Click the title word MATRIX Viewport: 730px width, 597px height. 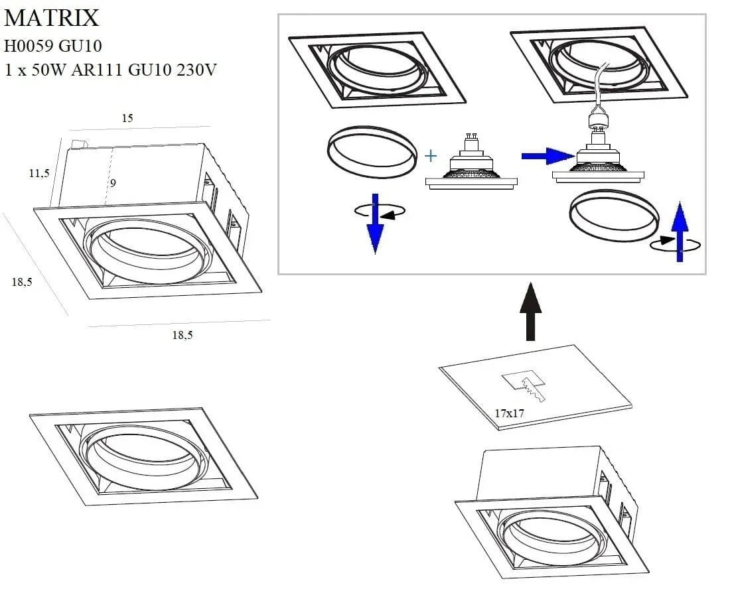pyautogui.click(x=51, y=18)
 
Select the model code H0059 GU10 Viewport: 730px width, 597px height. pyautogui.click(x=53, y=46)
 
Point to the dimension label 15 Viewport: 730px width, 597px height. pyautogui.click(x=127, y=118)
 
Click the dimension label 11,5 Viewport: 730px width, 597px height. pyautogui.click(x=39, y=173)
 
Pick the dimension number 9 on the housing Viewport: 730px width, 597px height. pyautogui.click(x=113, y=183)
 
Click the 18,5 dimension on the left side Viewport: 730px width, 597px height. pyautogui.click(x=22, y=282)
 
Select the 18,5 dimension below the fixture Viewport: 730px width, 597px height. pyautogui.click(x=183, y=335)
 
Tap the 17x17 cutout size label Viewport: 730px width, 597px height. pyautogui.click(x=509, y=413)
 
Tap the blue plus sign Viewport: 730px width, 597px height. pyautogui.click(x=431, y=157)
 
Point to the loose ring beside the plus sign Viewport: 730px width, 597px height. pyautogui.click(x=372, y=153)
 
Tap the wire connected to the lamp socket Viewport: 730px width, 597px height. pyautogui.click(x=601, y=86)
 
